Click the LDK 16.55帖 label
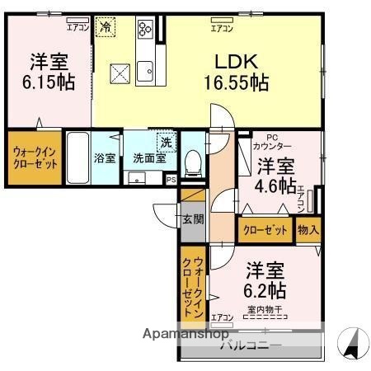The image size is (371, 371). click(237, 72)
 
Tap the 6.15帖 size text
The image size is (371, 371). click(49, 82)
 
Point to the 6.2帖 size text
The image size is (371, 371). click(265, 290)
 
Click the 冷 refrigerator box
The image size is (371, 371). click(105, 27)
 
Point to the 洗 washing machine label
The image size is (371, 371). click(166, 141)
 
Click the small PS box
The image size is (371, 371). click(171, 179)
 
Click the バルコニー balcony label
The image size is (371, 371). click(251, 345)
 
